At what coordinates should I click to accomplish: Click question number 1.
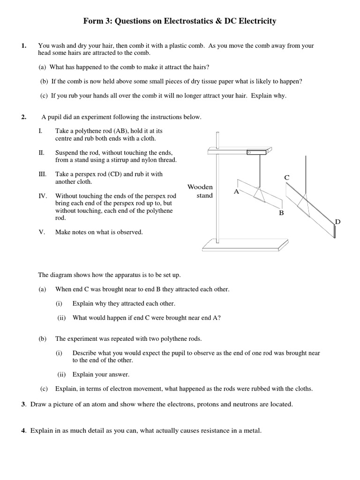point(23,46)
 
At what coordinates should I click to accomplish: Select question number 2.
point(23,117)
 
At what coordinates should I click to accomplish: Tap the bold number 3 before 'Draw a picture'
point(22,405)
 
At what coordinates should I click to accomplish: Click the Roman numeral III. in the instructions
point(42,174)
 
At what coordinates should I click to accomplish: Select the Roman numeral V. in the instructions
point(42,232)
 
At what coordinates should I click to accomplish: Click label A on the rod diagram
point(236,192)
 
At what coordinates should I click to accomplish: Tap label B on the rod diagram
point(281,213)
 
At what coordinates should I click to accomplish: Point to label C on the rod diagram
point(287,177)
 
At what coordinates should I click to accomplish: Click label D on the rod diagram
point(337,221)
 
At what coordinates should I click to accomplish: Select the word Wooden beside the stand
point(200,187)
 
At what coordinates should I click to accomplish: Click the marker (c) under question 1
point(44,96)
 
